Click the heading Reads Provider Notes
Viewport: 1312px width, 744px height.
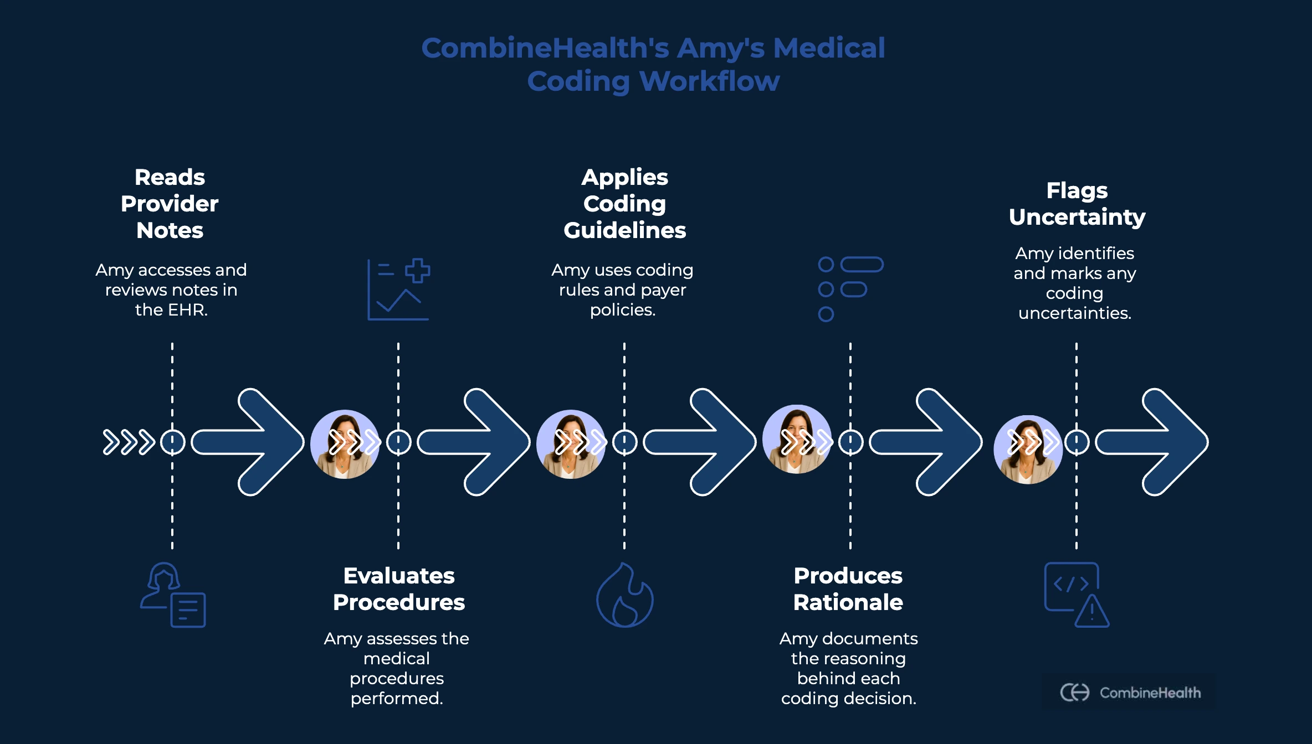(170, 204)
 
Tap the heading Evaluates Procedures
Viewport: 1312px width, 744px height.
(399, 589)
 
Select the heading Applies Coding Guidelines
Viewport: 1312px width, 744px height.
(624, 204)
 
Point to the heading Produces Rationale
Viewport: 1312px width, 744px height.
(848, 589)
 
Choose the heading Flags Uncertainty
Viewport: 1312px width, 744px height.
(1077, 204)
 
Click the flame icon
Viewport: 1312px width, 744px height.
(624, 596)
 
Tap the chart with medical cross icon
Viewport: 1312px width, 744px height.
(399, 289)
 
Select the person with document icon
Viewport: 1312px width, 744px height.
(173, 596)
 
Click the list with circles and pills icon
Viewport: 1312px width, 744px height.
(850, 289)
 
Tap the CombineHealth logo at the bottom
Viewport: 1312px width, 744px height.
(1130, 693)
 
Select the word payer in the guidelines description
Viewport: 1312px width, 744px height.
(663, 290)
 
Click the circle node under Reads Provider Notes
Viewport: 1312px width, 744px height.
(172, 442)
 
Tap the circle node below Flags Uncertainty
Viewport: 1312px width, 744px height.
(1077, 442)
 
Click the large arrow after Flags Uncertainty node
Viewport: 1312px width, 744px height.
(1152, 442)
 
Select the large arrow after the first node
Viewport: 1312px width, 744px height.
(248, 442)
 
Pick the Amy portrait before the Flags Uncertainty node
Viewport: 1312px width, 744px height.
(1028, 449)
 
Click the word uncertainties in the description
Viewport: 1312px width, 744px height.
(1075, 313)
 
